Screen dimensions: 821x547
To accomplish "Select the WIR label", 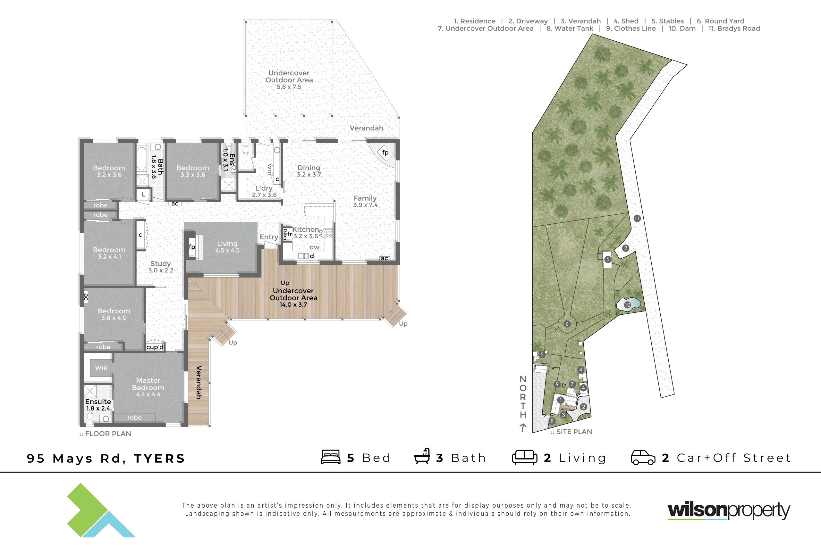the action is (101, 368).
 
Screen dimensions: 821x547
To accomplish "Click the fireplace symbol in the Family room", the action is (385, 153).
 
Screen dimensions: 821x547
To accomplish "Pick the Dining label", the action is (309, 168).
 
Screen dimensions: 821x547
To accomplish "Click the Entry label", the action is (269, 237).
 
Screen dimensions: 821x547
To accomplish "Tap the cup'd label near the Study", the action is (155, 347).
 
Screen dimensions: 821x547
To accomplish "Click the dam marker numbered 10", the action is (627, 305).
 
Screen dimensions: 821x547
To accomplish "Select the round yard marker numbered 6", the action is (567, 324).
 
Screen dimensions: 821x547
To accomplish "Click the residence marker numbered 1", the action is (561, 400).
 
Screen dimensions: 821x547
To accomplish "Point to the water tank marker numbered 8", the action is (552, 421).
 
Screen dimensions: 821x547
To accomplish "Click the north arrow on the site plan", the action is (522, 428).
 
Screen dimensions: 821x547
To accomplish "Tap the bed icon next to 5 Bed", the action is (331, 457).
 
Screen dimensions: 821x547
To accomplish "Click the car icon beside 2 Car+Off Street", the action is (643, 458).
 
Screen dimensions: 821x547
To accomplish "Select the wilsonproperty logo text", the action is (729, 511).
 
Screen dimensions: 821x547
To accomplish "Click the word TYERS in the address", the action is (159, 458).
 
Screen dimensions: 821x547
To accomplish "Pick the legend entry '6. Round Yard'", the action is (721, 21).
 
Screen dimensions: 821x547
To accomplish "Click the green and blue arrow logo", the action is (101, 510).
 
